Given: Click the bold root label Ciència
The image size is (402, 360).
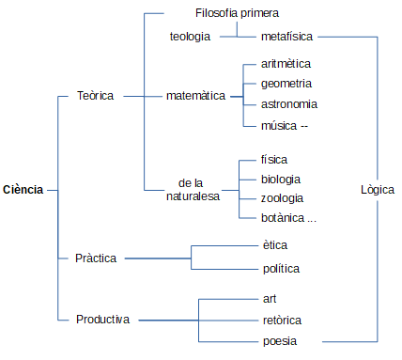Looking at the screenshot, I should pos(23,190).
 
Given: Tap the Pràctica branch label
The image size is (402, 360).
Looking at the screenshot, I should pos(95,258).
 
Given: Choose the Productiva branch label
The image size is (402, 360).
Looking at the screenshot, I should pos(102,320).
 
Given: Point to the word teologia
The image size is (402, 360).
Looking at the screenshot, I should pos(189,37).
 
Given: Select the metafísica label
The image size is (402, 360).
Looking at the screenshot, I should pos(286,37).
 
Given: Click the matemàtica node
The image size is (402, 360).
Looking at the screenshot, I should pos(195,96).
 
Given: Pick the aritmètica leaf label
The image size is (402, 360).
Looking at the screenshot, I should pos(286,63).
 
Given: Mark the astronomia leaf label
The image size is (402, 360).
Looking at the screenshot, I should pos(288,104).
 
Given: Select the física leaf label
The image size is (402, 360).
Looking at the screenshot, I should pos(274,159).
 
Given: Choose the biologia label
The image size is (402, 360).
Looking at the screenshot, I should pos(281,179).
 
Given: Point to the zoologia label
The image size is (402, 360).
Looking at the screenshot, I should pos(282,198).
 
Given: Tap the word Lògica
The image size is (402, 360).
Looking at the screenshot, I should pos(378,190).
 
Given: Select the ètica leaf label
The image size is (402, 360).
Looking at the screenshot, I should pos(275,245).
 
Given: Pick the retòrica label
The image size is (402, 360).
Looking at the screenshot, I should pos(282,320).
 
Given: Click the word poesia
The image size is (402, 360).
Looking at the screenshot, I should pos(280,340).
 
